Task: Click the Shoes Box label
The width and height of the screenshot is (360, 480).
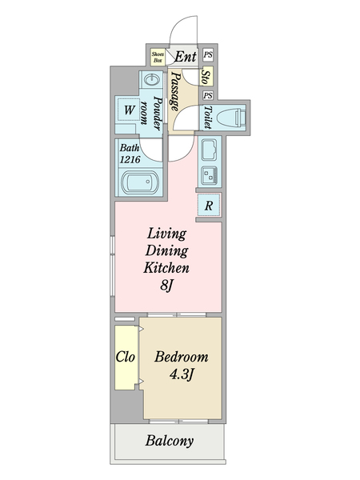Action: [x=158, y=58]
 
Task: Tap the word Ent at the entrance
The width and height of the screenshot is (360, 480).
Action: [x=186, y=57]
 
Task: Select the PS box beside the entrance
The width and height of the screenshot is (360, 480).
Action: [x=208, y=55]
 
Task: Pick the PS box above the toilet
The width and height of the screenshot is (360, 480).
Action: [x=208, y=95]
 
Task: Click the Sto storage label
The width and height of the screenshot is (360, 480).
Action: [x=206, y=78]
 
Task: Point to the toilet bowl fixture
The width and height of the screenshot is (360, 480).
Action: [x=231, y=118]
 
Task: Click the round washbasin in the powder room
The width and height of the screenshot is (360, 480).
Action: [x=152, y=80]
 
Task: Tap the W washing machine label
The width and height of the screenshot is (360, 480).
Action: [x=129, y=110]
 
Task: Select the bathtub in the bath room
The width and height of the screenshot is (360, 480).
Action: [x=141, y=182]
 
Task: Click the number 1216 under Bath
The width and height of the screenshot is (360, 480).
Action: [x=130, y=159]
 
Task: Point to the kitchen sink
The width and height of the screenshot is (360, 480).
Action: [x=210, y=150]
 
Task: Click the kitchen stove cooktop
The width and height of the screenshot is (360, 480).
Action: [x=210, y=175]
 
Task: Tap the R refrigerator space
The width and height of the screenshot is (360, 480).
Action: [x=209, y=206]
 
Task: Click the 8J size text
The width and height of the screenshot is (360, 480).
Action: [x=167, y=286]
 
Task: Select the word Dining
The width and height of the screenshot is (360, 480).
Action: [x=167, y=251]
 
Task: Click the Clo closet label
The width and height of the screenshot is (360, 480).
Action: [x=126, y=357]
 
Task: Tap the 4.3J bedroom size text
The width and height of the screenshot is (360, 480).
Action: [x=182, y=374]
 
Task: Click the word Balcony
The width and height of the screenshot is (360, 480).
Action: [x=170, y=441]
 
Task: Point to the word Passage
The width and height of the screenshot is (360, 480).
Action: [x=174, y=91]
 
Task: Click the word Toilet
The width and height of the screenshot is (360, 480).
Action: [x=208, y=118]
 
